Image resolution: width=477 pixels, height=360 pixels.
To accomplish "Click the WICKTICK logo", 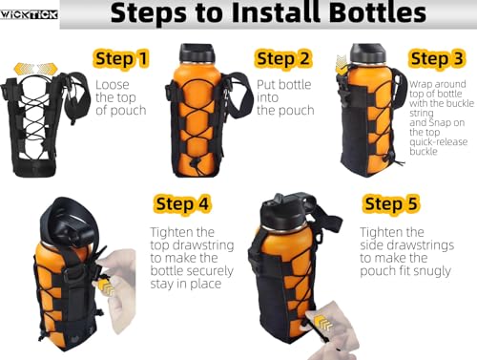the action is (29, 14).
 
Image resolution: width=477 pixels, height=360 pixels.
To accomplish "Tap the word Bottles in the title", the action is (377, 12).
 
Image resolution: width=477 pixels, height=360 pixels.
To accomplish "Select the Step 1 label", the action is (122, 58).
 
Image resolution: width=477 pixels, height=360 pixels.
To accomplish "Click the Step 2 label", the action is (282, 58).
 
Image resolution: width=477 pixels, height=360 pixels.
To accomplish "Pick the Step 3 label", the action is (437, 58).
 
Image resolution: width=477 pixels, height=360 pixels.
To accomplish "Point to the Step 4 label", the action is (182, 203).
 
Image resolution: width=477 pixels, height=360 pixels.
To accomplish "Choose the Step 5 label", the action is (391, 203).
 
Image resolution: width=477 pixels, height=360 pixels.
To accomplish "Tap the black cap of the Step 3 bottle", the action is (367, 53).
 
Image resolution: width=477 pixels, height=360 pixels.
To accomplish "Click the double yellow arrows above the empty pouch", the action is (36, 68).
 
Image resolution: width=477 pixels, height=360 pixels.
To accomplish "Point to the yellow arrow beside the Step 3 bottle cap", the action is (342, 65).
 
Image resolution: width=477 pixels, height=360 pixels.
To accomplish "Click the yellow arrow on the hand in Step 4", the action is (106, 286).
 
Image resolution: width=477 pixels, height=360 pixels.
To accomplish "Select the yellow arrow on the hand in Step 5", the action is (324, 322).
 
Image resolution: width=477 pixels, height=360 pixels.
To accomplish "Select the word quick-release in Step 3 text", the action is (439, 141).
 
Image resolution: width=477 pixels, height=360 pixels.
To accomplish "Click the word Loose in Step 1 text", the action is (113, 85).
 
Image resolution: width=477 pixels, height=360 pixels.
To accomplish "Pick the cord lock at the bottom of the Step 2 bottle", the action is (195, 163).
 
